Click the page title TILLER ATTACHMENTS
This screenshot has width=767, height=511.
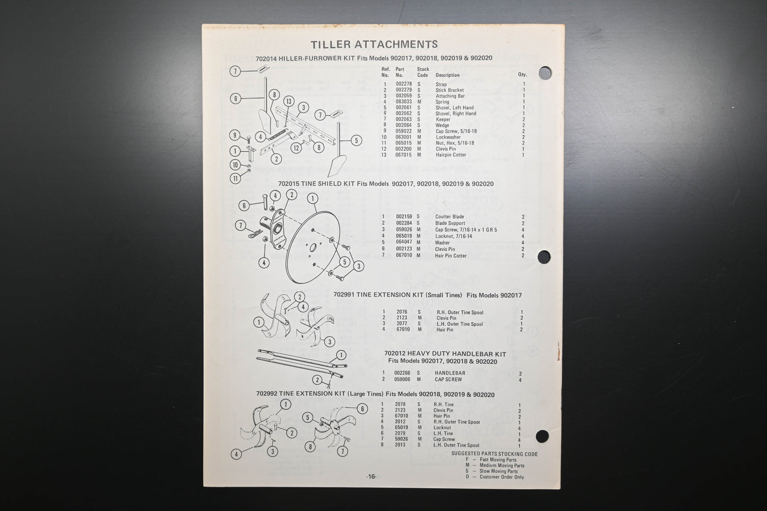click(x=374, y=45)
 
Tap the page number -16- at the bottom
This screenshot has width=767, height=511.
click(x=371, y=477)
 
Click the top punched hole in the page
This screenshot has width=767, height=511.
click(x=545, y=73)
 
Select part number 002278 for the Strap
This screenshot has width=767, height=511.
click(x=403, y=84)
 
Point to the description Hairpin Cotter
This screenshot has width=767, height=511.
click(x=451, y=155)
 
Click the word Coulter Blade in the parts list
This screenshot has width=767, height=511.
click(x=449, y=216)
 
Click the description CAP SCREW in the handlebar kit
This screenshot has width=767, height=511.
click(x=448, y=379)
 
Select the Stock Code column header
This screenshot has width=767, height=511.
click(x=423, y=72)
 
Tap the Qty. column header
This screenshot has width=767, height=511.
click(x=522, y=75)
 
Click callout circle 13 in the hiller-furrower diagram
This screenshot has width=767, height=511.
click(x=288, y=101)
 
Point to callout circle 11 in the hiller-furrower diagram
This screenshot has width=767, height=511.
click(x=235, y=179)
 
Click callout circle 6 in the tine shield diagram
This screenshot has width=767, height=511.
click(x=244, y=205)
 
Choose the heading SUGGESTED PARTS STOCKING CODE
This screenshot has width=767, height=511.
click(x=494, y=454)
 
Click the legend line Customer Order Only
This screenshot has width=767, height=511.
click(x=502, y=477)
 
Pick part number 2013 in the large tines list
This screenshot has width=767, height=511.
click(x=400, y=445)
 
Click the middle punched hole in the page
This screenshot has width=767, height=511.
click(x=544, y=257)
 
